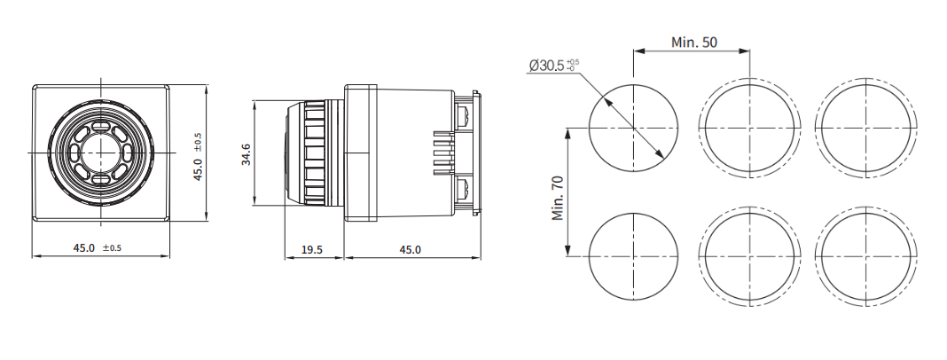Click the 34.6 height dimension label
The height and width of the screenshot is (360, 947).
point(246,153)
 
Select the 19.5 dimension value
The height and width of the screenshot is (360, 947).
point(312,250)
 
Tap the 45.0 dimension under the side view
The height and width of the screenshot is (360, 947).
point(410,250)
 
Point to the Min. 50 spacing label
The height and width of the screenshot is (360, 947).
point(694,43)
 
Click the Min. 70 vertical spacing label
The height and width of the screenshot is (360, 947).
point(558,199)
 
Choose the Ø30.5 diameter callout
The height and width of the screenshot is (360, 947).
point(552,66)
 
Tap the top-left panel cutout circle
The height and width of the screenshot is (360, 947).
point(632,128)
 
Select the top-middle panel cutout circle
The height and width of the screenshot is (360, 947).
point(749,128)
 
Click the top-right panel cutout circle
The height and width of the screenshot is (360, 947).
point(864,128)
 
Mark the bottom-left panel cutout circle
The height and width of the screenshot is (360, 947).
point(632,256)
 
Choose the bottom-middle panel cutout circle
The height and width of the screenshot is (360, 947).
point(749,256)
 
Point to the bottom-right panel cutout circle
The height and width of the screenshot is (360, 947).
point(864,256)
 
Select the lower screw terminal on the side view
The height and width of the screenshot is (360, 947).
point(462,189)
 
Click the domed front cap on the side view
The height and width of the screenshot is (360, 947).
point(292,153)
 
